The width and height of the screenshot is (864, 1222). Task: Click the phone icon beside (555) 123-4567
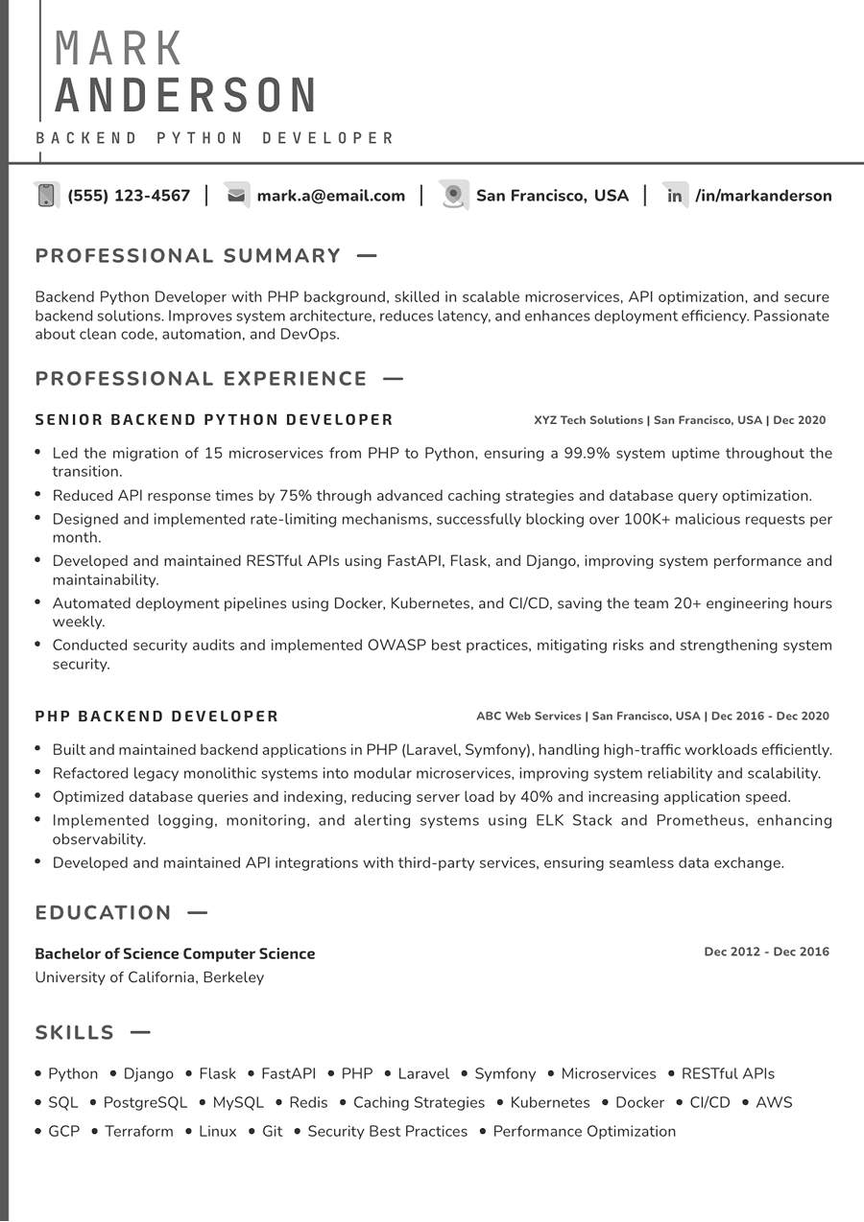coord(45,196)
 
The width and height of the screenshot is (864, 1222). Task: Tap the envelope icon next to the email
coord(236,196)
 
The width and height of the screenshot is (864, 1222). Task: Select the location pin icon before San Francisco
coord(453,195)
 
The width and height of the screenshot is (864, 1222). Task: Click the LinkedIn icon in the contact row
coord(675,196)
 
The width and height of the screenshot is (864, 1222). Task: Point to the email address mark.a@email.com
coord(331,196)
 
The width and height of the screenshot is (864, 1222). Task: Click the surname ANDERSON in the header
coord(186,96)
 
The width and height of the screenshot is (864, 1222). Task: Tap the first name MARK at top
coord(119,48)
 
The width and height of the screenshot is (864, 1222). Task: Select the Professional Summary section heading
coord(188,256)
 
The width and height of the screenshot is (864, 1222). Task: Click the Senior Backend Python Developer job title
coord(214,420)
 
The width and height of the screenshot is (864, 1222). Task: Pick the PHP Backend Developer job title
coord(156,717)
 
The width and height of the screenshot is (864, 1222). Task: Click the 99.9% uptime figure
coord(588,453)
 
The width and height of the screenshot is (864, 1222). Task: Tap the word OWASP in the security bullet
coord(396,646)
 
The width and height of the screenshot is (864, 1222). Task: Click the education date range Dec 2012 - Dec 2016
coord(766,952)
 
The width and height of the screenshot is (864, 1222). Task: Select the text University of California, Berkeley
coord(150,977)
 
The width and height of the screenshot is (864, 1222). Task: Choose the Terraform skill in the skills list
coord(139,1132)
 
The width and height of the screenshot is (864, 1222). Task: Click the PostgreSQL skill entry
coord(145,1103)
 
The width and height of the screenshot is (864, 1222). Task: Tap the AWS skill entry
coord(774,1103)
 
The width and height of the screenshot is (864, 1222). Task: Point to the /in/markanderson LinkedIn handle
coord(763,196)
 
